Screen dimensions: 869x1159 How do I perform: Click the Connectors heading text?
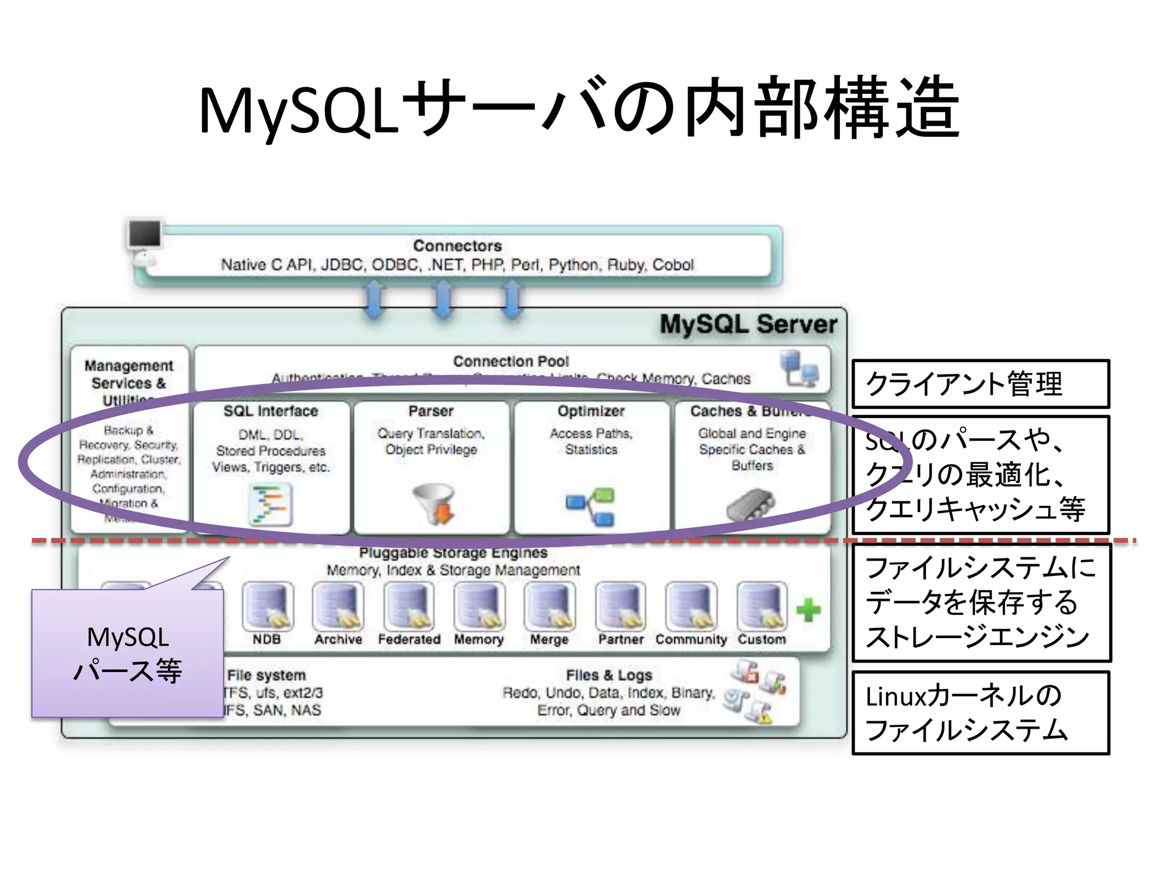(457, 246)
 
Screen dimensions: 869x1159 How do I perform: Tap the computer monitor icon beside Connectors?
(145, 235)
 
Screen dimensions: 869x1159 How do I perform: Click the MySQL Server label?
(748, 325)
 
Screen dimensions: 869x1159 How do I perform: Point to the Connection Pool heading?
(510, 362)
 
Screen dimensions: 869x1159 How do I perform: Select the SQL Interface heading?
(271, 411)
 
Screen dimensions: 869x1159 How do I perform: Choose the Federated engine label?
(409, 639)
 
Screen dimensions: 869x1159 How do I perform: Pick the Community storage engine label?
(690, 639)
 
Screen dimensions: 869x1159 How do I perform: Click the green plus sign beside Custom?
(808, 610)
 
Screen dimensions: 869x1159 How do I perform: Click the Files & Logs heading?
(609, 676)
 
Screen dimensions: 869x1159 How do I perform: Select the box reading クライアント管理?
(980, 384)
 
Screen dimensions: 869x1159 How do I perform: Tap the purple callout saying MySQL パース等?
(128, 653)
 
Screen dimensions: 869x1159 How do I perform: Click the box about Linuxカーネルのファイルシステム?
(980, 713)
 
